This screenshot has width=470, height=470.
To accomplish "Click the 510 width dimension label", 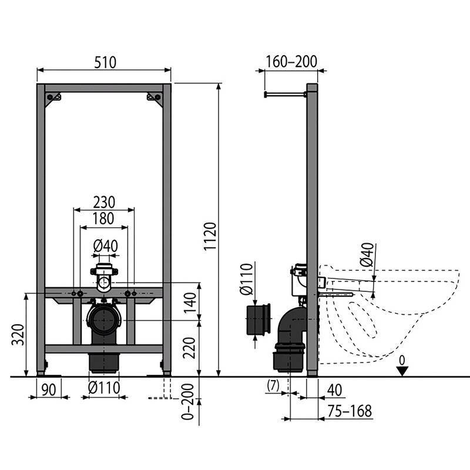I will coord(103,62).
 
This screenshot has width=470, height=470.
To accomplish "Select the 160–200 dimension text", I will coord(291,62).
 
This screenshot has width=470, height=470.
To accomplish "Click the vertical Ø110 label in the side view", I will coord(246,281).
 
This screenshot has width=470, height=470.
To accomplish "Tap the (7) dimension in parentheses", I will coord(273,386).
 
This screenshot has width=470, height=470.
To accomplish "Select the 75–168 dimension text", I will coord(350,411).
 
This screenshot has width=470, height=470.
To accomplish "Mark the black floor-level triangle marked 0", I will coord(401,371).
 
